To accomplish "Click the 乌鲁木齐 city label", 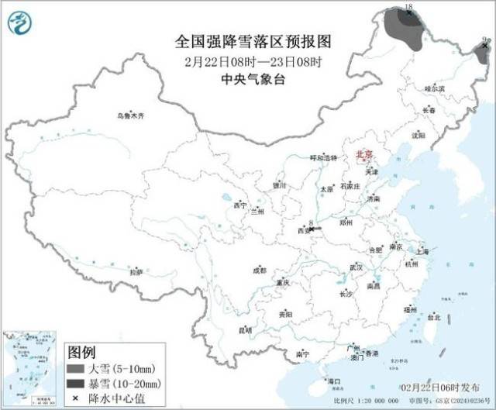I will (x=131, y=115).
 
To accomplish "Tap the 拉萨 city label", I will (x=136, y=272).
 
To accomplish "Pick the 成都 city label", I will (x=258, y=270).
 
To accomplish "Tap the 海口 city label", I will (x=334, y=381).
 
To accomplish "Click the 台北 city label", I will (x=433, y=317).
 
